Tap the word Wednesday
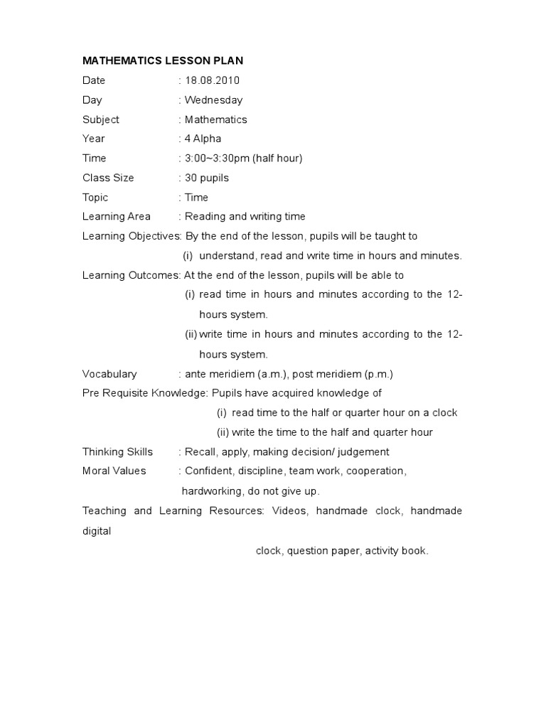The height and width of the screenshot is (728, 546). (213, 100)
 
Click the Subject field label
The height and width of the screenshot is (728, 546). (101, 119)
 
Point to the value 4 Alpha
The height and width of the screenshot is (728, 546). (203, 139)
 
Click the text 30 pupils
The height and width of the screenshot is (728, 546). (207, 178)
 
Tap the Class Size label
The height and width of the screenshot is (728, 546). (108, 178)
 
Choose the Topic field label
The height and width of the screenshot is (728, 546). (95, 197)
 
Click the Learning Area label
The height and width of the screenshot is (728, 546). (117, 216)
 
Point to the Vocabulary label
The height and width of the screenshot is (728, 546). (109, 374)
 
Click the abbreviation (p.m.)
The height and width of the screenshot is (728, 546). (378, 374)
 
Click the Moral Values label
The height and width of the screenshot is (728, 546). (114, 471)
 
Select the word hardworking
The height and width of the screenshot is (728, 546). (211, 491)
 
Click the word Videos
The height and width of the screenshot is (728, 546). (289, 510)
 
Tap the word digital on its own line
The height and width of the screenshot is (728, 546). (97, 530)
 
